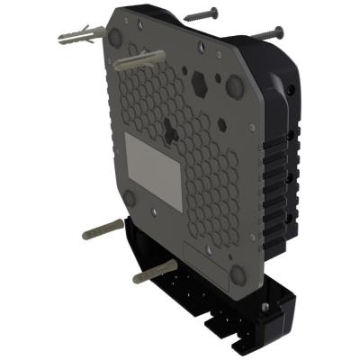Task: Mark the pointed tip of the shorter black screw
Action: [x=184, y=19]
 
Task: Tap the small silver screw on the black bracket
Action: [x=265, y=306]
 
